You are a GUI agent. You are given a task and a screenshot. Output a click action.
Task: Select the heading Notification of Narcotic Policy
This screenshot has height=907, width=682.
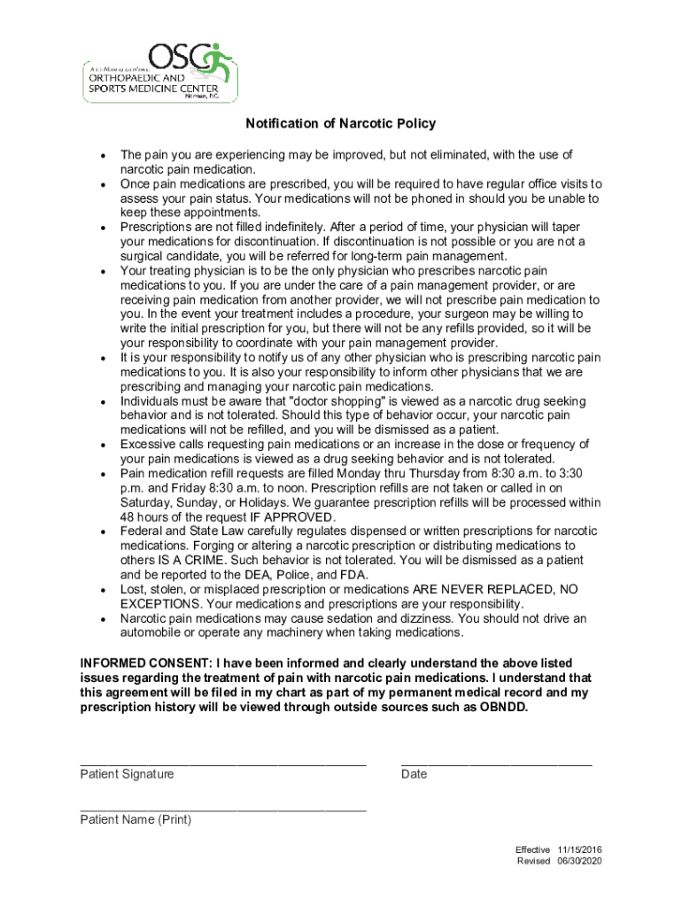point(341,124)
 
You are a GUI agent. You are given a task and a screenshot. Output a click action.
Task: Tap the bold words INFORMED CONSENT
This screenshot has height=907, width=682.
point(145,663)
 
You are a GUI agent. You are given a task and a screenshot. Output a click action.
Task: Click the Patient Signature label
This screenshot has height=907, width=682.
point(127,774)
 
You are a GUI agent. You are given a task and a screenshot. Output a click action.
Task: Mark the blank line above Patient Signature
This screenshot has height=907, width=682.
point(222,763)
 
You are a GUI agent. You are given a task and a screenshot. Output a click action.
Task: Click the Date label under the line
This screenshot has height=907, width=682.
point(414,774)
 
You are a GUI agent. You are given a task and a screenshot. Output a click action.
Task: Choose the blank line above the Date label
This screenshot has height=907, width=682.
point(496,763)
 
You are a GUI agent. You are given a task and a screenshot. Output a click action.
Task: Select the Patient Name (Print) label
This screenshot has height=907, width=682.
point(136,819)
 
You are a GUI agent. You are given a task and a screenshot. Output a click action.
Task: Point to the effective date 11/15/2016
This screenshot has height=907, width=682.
point(579,849)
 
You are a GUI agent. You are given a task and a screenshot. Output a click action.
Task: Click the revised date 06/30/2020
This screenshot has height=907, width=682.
point(579,862)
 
